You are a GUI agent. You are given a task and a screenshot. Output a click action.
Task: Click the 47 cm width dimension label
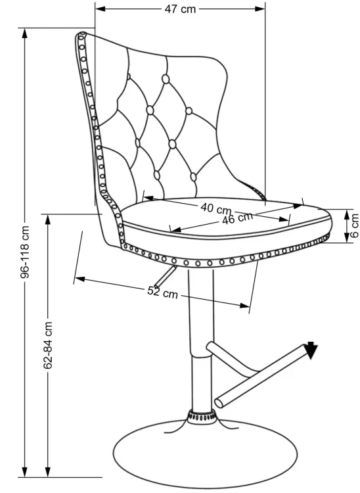[x=180, y=9]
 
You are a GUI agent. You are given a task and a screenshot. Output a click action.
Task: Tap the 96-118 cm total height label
[x=25, y=252]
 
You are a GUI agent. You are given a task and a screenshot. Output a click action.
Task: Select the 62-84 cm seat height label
[x=48, y=344]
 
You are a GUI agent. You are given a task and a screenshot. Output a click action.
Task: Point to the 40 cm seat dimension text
[x=216, y=208]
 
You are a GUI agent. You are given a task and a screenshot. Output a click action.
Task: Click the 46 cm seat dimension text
[x=238, y=218]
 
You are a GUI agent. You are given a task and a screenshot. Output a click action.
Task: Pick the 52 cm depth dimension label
[x=162, y=293]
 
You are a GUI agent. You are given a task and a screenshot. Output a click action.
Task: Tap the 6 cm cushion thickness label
[x=355, y=225]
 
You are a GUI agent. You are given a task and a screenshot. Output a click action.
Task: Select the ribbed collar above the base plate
[x=202, y=415]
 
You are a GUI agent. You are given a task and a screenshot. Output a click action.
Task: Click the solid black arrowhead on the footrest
[x=311, y=350]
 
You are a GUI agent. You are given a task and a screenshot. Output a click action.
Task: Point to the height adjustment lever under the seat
[x=165, y=276]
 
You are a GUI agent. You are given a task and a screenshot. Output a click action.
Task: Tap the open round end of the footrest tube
[x=219, y=403]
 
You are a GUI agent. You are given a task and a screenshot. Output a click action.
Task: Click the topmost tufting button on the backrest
[x=166, y=79]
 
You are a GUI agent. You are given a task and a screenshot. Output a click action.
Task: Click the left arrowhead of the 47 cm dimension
[x=101, y=9]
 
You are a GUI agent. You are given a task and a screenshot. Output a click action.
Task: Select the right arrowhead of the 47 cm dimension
[x=259, y=9]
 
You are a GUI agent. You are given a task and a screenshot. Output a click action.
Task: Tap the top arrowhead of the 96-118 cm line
[x=25, y=34]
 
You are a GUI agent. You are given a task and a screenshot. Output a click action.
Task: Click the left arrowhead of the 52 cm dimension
[x=79, y=279]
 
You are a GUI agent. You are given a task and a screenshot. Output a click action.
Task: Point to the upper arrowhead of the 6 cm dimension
[x=346, y=215]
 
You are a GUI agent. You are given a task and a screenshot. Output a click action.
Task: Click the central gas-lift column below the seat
[x=201, y=340]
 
